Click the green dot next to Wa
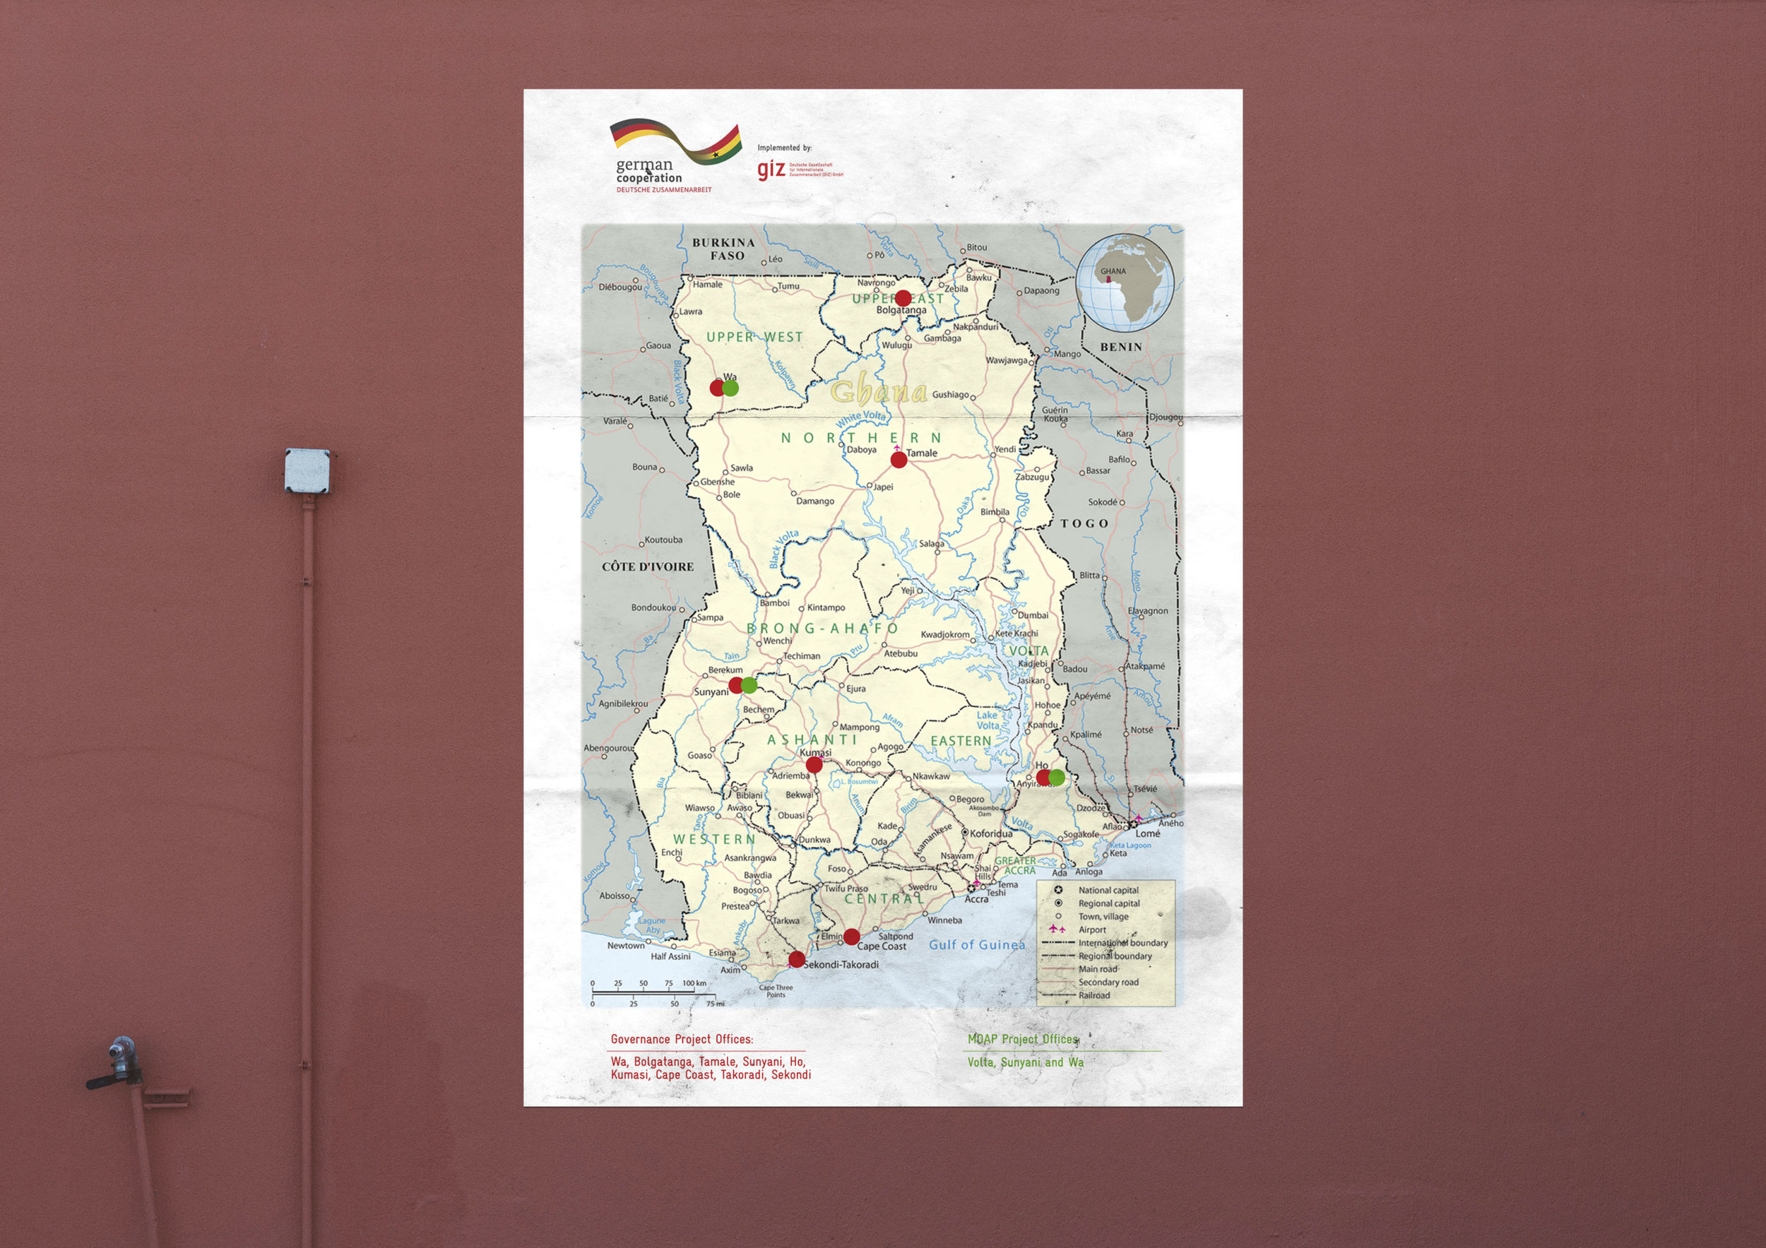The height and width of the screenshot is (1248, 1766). coord(730,388)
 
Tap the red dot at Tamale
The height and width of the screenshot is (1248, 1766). coord(899,460)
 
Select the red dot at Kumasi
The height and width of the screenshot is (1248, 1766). coord(814,764)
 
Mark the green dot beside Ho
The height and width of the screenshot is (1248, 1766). coord(1057,778)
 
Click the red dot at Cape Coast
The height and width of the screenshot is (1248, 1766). coord(851,937)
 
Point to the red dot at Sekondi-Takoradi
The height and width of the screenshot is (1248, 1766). coord(797,960)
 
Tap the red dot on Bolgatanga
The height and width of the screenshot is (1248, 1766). coord(903,298)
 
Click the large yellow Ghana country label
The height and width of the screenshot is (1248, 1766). coord(878,391)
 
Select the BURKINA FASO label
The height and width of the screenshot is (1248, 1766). coord(724,249)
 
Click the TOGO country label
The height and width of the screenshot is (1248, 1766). coord(1084,523)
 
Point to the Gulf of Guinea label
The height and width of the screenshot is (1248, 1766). coord(977,945)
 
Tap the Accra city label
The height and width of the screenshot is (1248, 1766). coord(977,899)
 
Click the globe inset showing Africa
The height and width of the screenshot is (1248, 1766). coord(1125,284)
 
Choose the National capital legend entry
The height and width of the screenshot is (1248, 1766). coord(1108,891)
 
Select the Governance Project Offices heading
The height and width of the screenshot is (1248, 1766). coord(682,1040)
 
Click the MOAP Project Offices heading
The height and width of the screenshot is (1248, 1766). coord(1022,1040)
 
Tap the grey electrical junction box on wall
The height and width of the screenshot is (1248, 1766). coord(307,470)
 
